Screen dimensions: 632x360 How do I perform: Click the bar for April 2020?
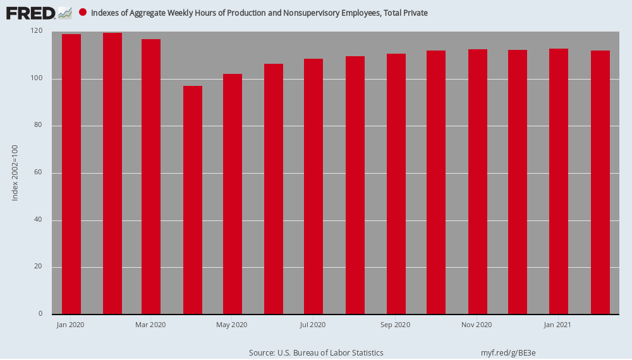[x=193, y=200]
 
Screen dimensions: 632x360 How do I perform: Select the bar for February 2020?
[x=112, y=174]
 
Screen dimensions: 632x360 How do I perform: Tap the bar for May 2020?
[x=233, y=194]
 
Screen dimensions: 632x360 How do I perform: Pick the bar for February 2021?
[x=600, y=183]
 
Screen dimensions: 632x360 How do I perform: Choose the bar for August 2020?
[x=355, y=185]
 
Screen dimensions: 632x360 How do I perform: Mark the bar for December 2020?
[x=518, y=182]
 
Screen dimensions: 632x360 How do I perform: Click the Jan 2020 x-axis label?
[x=71, y=325]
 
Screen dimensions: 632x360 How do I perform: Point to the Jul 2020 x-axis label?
[x=313, y=325]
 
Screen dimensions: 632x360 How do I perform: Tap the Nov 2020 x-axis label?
[x=477, y=325]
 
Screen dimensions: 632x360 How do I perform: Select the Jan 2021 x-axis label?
[x=557, y=325]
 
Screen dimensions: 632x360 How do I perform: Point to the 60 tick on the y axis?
[x=39, y=172]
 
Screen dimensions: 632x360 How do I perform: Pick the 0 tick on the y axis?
[x=40, y=314]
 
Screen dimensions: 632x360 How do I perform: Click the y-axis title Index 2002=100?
[x=15, y=173]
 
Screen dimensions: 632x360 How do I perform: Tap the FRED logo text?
[x=30, y=13]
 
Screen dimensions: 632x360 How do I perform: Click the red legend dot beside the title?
[x=83, y=12]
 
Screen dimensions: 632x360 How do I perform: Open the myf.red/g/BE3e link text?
[x=508, y=353]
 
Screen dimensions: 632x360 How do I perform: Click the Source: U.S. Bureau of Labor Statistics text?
[x=316, y=353]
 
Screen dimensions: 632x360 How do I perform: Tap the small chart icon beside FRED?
[x=65, y=13]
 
